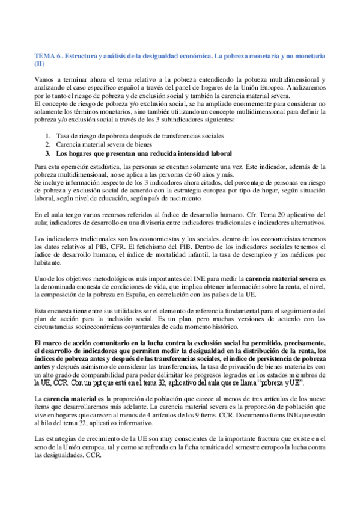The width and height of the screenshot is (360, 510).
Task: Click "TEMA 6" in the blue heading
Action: pos(47,55)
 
